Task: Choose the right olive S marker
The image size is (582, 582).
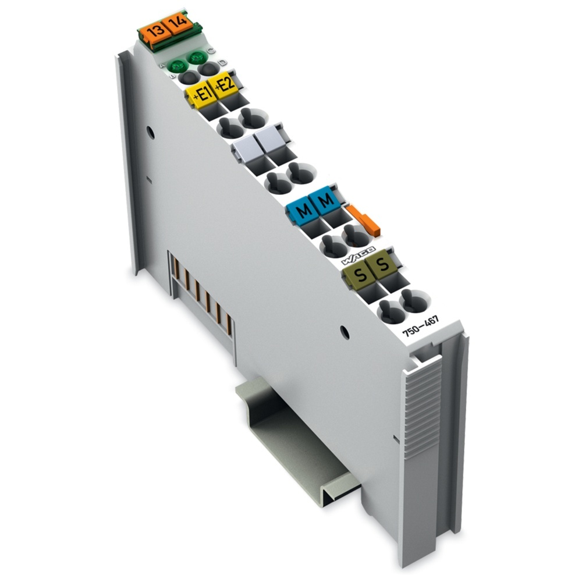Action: (x=381, y=267)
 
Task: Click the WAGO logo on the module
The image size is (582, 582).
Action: (x=357, y=253)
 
